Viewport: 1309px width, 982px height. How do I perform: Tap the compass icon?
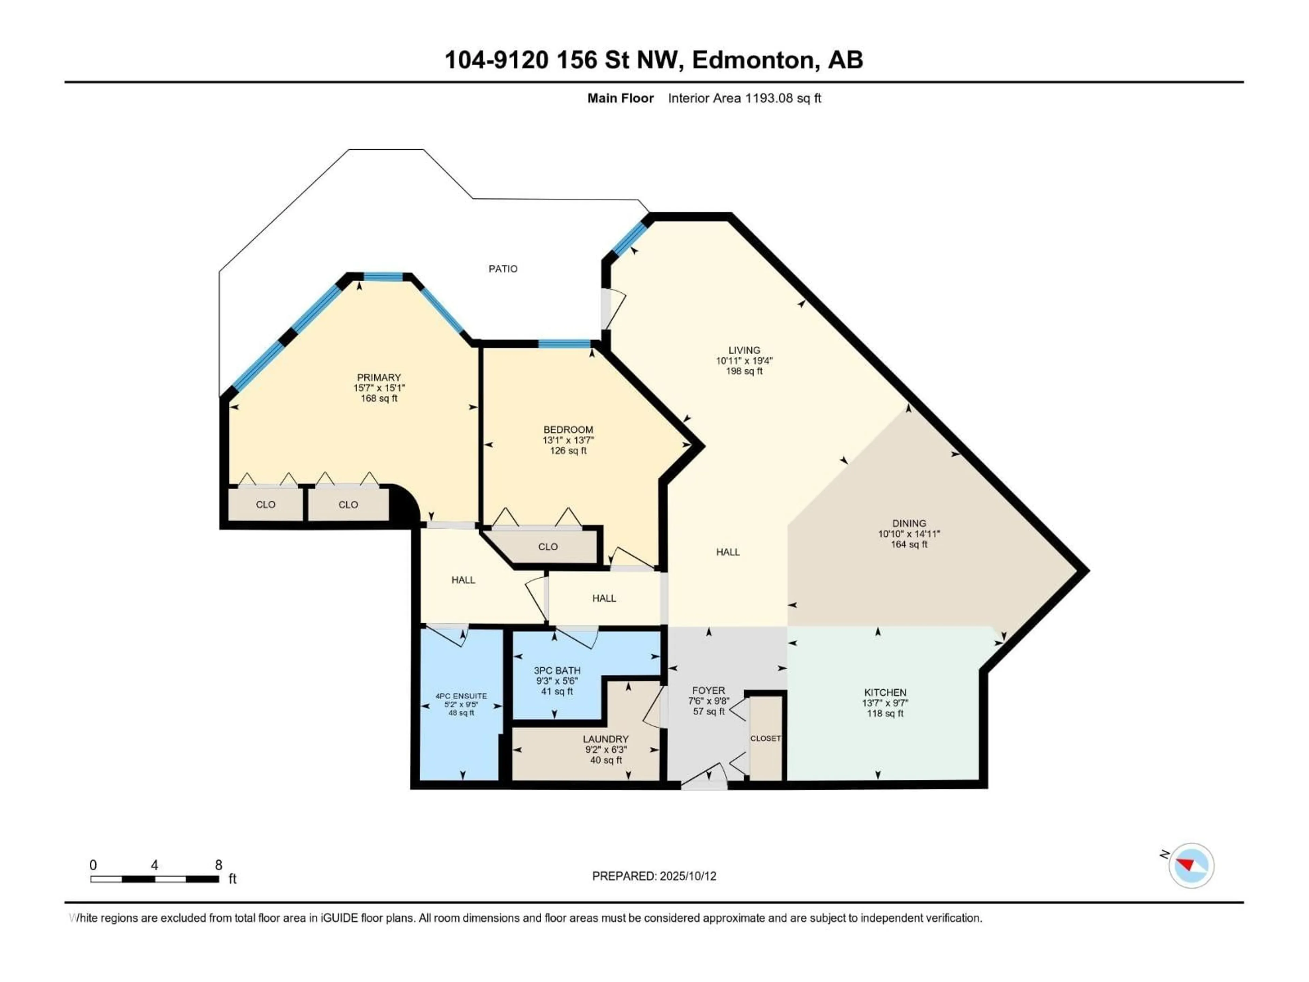(x=1192, y=865)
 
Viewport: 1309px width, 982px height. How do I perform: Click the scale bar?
(x=154, y=879)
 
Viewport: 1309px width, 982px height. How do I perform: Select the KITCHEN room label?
(x=885, y=692)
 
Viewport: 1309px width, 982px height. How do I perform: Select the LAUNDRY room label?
(x=605, y=739)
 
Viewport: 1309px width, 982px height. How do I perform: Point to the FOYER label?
(x=708, y=690)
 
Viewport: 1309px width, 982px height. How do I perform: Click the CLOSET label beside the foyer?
(x=765, y=738)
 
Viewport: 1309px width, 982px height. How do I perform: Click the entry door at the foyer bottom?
(x=704, y=777)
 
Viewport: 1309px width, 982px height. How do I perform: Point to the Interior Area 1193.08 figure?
(x=744, y=98)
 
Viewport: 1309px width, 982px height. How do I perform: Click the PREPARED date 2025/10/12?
(x=687, y=876)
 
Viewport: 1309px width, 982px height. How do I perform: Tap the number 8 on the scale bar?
(x=219, y=865)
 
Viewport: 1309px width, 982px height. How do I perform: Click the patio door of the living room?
(x=613, y=308)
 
